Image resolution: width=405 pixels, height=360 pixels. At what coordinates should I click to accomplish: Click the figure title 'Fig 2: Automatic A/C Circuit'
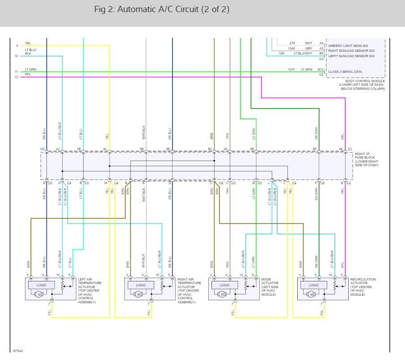(162, 9)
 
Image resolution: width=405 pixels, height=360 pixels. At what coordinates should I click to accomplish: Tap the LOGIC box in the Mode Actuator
(225, 285)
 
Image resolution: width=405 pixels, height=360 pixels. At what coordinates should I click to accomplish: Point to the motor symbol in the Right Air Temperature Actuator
(139, 294)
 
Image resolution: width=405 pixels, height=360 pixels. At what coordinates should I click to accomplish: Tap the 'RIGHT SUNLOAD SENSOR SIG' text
(351, 50)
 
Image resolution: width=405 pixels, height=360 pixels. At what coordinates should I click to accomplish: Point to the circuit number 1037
(291, 69)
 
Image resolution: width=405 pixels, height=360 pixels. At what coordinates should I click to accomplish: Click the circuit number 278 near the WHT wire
(292, 43)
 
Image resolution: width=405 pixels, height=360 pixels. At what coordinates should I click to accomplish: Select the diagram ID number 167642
(18, 351)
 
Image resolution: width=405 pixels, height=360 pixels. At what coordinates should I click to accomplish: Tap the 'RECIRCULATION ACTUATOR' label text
(363, 281)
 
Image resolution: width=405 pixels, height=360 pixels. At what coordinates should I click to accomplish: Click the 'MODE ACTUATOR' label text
(270, 281)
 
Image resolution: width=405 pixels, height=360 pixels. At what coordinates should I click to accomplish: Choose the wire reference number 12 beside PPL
(16, 77)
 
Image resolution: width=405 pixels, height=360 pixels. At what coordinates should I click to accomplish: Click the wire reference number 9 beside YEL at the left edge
(17, 46)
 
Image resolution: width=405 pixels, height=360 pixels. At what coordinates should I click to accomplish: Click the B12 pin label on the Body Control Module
(321, 69)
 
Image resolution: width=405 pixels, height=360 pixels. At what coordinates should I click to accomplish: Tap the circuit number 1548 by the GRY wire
(291, 48)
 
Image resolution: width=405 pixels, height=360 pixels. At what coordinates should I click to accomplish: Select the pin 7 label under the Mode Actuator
(232, 304)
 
